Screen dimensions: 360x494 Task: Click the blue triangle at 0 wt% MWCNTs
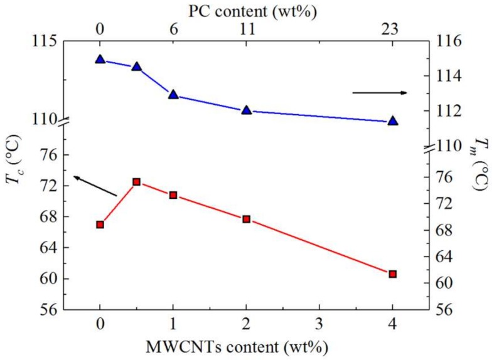coord(100,60)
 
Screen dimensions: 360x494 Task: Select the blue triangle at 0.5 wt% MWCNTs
coord(136,66)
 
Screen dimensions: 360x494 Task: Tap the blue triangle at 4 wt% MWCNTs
coord(392,121)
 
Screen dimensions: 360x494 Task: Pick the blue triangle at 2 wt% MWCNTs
coord(246,110)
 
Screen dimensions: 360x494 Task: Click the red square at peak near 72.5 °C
coord(136,182)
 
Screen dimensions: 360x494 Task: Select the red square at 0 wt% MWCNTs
coord(100,225)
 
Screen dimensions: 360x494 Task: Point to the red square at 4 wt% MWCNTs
coord(392,274)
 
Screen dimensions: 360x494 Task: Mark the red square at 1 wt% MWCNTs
coord(173,195)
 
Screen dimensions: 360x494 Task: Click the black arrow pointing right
coord(379,93)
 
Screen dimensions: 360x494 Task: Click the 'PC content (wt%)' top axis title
coord(246,9)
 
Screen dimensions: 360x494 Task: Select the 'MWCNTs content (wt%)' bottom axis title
coord(246,346)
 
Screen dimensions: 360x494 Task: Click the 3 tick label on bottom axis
coord(319,327)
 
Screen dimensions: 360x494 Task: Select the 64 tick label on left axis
coord(48,248)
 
